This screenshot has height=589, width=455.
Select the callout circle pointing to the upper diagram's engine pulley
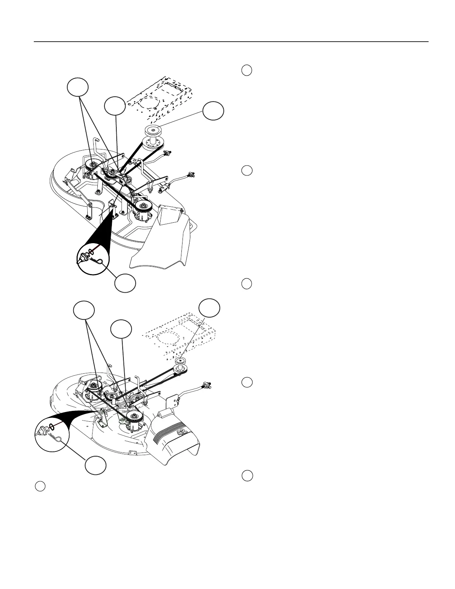click(x=213, y=110)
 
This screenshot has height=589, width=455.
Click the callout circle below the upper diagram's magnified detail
click(x=125, y=283)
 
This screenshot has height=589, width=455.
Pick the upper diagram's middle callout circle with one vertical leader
click(x=114, y=106)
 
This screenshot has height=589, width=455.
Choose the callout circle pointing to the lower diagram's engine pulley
click(x=209, y=308)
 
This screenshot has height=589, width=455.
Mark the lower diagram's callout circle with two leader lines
click(x=83, y=311)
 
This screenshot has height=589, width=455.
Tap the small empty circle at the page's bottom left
click(x=41, y=486)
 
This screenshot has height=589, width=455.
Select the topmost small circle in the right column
click(x=247, y=70)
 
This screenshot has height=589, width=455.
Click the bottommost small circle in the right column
click(x=247, y=476)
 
